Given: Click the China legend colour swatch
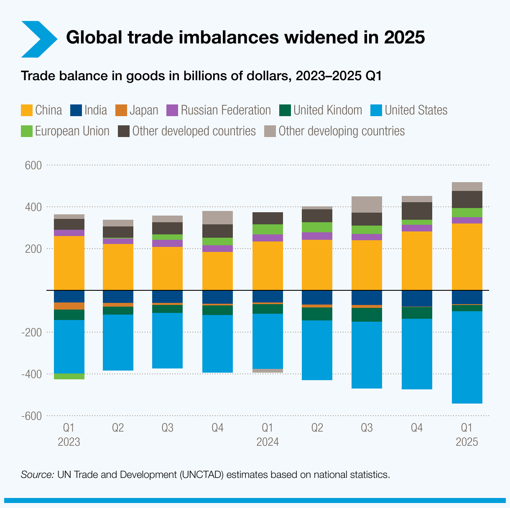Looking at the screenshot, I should tap(26, 110).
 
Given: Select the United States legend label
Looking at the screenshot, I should tap(416, 110).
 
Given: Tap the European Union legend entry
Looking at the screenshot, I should tap(72, 131).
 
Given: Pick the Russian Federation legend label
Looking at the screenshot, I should tap(226, 110).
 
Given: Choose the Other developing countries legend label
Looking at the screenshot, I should tap(342, 131).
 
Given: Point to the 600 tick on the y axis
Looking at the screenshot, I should tap(33, 165).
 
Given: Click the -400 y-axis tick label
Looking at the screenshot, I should tap(32, 374).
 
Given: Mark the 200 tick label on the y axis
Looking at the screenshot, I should tap(33, 249).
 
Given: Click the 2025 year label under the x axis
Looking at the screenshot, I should tap(467, 442).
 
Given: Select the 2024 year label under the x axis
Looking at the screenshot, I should tap(268, 442).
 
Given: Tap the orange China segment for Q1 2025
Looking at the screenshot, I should tap(467, 257).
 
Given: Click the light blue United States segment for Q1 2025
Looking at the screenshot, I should tap(467, 357).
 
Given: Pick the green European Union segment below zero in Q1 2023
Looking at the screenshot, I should tap(69, 376).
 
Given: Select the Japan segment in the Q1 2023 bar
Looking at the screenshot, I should tap(69, 306).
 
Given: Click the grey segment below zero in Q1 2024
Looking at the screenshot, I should tap(268, 371).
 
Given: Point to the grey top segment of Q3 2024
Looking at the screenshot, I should tap(367, 204).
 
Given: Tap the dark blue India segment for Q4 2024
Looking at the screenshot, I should tap(417, 298).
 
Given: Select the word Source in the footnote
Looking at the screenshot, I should tap(37, 475).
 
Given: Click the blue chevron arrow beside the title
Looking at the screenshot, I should tap(39, 39).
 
